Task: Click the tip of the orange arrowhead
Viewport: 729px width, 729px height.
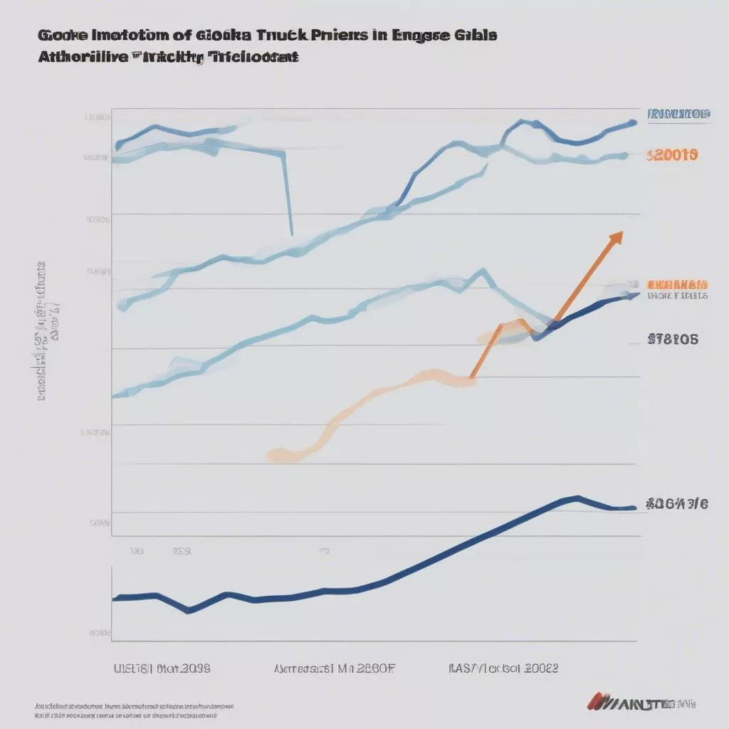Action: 622,231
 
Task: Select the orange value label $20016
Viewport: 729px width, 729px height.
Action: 672,154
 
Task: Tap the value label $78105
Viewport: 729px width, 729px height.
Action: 673,340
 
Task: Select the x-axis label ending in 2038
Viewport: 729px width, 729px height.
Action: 162,668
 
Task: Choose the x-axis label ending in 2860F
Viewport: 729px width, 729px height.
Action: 334,668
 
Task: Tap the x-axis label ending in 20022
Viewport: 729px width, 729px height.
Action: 503,668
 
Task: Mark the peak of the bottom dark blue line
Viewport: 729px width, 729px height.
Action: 577,497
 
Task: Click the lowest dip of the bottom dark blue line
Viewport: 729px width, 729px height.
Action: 189,611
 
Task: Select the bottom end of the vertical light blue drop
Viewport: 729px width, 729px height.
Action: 291,234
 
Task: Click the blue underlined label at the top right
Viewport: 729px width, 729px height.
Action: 678,114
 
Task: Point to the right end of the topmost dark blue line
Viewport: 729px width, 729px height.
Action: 634,122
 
